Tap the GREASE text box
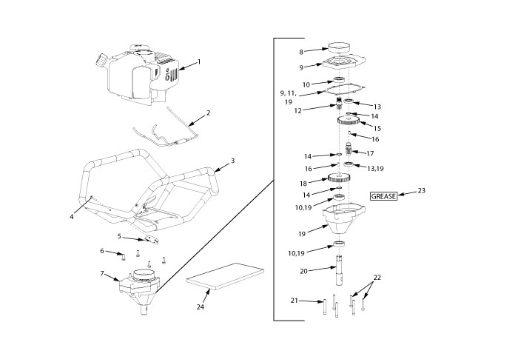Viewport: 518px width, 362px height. (383, 197)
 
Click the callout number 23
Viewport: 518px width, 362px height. (421, 191)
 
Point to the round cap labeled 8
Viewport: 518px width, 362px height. (342, 47)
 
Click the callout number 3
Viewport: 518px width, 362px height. (232, 160)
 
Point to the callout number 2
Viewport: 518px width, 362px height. (208, 113)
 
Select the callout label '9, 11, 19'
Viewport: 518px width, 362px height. (289, 98)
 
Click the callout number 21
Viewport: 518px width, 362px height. (293, 301)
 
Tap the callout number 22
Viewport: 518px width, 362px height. (377, 278)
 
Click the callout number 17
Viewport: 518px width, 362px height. (371, 153)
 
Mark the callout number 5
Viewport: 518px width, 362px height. (118, 236)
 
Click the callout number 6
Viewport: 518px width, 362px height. (103, 251)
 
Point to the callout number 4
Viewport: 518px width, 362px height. (72, 217)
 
